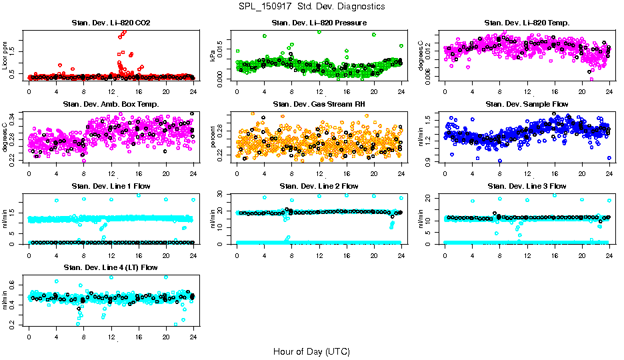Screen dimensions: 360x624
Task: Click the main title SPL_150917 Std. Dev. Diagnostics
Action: tap(311, 7)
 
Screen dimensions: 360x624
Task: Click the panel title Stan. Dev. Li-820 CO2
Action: tap(111, 24)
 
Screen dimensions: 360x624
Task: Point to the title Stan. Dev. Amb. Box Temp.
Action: tap(111, 105)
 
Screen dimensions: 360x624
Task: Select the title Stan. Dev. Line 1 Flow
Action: tap(111, 186)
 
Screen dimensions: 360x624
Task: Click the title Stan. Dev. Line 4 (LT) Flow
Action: tap(111, 267)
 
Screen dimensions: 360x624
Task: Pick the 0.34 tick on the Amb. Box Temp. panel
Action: tap(17, 115)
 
